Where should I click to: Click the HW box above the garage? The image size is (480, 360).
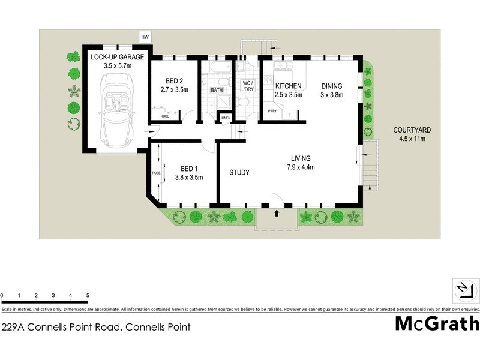click(x=145, y=37)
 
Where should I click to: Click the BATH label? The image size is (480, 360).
click(x=217, y=91)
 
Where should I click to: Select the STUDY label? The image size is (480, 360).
click(x=239, y=173)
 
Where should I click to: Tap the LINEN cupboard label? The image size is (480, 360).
click(x=226, y=118)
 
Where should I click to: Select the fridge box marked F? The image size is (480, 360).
click(x=290, y=114)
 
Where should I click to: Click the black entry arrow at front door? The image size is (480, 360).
click(x=277, y=212)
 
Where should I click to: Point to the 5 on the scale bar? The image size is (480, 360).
click(x=88, y=296)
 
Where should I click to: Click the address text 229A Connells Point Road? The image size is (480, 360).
click(x=96, y=328)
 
